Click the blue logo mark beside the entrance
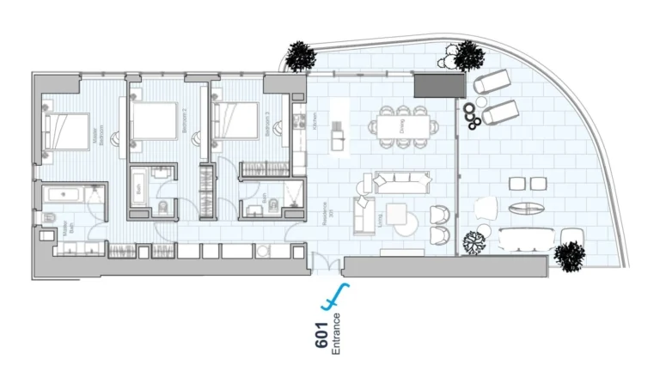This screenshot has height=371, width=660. click(x=333, y=297)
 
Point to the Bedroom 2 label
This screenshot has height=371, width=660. click(x=184, y=129)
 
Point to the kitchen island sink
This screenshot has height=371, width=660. click(x=338, y=135)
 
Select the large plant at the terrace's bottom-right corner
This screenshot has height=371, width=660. click(x=569, y=255)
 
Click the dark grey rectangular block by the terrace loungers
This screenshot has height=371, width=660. click(x=433, y=85)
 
